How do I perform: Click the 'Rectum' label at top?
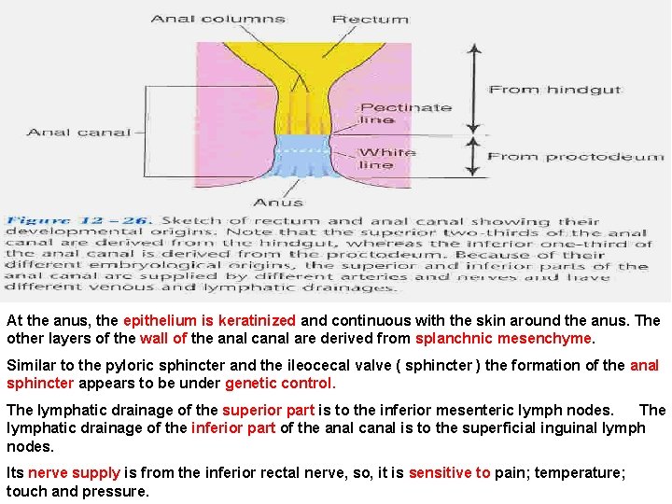coord(371,19)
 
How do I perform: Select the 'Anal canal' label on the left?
coord(78,133)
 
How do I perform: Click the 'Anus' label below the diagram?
coord(278,202)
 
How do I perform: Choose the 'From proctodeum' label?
coord(576,157)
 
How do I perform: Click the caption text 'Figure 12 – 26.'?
coord(78,221)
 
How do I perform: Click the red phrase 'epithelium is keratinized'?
coord(209,320)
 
